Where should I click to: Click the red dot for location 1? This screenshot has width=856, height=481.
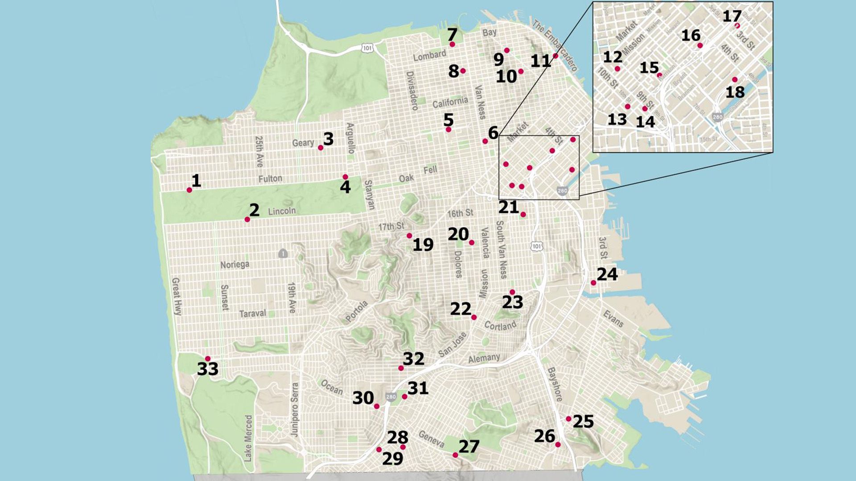(x=189, y=190)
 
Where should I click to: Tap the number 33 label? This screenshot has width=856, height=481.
(x=208, y=369)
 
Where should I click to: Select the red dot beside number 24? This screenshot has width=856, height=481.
(x=593, y=283)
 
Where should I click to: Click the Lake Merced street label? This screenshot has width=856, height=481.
(x=248, y=438)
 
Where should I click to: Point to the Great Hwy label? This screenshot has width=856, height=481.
(x=177, y=297)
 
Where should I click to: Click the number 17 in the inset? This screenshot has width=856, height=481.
(x=732, y=16)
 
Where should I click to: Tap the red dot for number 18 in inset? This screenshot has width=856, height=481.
(x=735, y=80)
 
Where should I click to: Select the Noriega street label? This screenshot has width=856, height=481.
(x=235, y=265)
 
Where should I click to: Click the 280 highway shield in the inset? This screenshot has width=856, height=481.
(x=717, y=117)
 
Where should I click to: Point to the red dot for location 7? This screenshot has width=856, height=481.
(x=452, y=45)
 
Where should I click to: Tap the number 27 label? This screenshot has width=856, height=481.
(x=469, y=446)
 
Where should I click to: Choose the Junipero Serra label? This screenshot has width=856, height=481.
(x=294, y=409)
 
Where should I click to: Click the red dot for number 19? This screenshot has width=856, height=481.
(x=409, y=236)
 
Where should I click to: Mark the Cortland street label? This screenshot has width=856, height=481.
(x=500, y=326)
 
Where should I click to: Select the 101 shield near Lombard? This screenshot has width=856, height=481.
(x=367, y=48)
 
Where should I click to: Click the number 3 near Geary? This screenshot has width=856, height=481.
(x=329, y=139)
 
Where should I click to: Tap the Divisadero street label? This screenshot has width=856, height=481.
(x=412, y=91)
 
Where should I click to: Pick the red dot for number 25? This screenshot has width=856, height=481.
(x=568, y=419)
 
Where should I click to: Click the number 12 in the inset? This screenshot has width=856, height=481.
(x=612, y=57)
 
